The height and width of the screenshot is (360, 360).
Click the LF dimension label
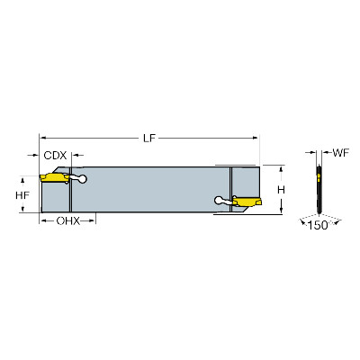(x=149, y=138)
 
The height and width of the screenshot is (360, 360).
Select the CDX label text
(x=55, y=156)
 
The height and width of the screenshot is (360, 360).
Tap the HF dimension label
(x=22, y=195)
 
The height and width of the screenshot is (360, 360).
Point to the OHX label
(x=68, y=221)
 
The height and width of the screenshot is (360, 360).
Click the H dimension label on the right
(x=281, y=190)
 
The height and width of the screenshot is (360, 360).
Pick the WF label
(x=341, y=153)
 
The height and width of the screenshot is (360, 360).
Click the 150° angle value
(x=318, y=225)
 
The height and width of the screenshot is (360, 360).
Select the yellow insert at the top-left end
(x=55, y=178)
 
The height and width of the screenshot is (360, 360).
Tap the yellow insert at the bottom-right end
(x=247, y=202)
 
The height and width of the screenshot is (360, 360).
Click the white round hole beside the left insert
(x=82, y=179)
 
